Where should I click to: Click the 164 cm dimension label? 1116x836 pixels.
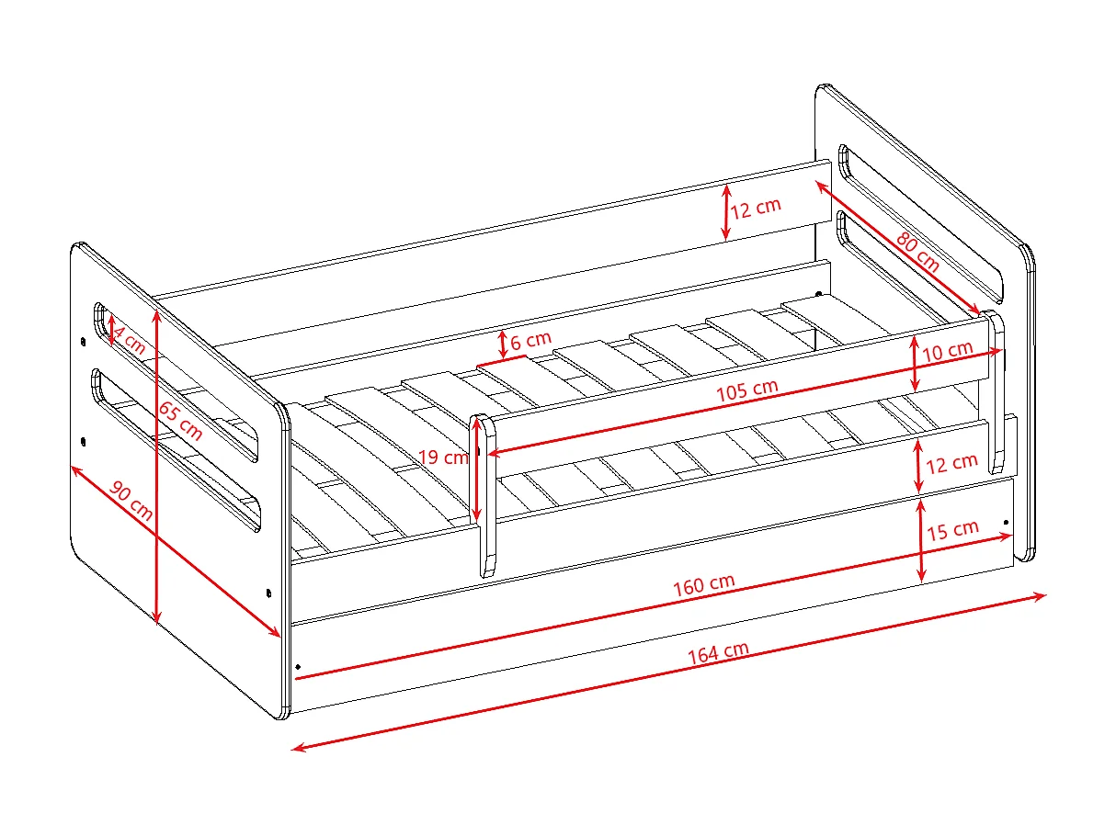click(x=718, y=652)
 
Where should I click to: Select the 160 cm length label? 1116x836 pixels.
click(x=703, y=585)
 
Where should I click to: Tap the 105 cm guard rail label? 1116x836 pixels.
click(x=746, y=390)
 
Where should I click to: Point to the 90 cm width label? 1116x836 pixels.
click(x=131, y=501)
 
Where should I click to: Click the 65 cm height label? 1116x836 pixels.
click(x=180, y=421)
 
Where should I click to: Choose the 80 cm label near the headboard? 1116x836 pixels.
click(x=917, y=252)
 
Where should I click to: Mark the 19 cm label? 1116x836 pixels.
click(x=443, y=458)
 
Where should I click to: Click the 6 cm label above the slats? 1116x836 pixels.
click(x=530, y=340)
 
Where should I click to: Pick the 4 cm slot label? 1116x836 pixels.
click(x=129, y=340)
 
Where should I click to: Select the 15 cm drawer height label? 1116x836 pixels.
click(x=952, y=530)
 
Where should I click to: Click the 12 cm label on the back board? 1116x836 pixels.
click(x=756, y=208)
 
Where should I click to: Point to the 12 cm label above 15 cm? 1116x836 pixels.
click(x=951, y=464)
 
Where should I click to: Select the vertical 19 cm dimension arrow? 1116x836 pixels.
click(x=476, y=469)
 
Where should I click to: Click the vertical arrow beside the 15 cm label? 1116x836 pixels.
click(x=921, y=540)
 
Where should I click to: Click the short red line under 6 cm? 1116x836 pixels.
click(x=501, y=361)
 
